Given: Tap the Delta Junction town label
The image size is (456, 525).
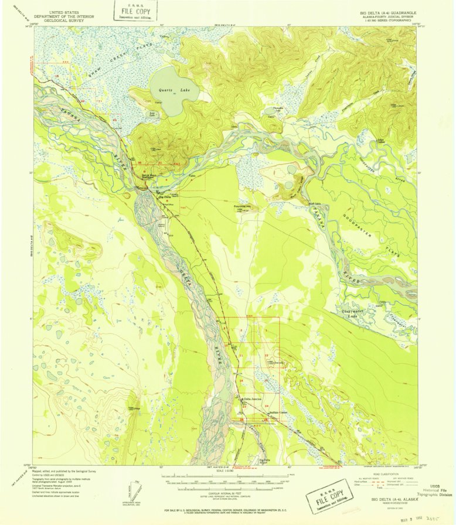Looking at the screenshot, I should pos(253,399).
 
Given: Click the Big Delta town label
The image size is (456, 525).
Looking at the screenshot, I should pos(165,197).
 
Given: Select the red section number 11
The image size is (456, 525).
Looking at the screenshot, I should pos(241,356).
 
